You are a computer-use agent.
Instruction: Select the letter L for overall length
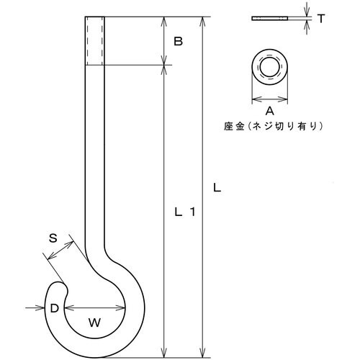pos(217,188)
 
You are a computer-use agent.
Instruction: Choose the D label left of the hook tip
pos(54,308)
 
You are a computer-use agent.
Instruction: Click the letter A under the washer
pos(269,111)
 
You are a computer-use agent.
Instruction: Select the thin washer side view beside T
pos(270,17)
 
